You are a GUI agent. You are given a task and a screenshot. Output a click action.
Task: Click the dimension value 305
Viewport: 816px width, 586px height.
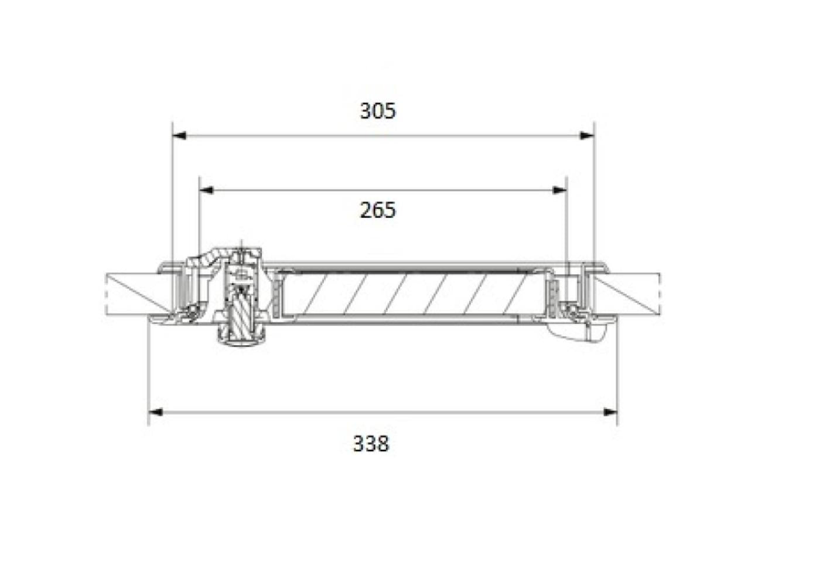(378, 111)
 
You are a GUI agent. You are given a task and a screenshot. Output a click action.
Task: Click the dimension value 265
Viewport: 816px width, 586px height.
(378, 210)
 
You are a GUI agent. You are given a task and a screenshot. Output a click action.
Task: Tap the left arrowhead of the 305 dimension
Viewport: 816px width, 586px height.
(180, 136)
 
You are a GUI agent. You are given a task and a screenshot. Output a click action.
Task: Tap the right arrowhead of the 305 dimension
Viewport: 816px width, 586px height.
(587, 136)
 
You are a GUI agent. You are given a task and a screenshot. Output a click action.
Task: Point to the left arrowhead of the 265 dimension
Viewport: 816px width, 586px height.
(207, 190)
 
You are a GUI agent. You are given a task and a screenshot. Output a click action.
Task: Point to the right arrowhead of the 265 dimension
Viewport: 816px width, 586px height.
(559, 190)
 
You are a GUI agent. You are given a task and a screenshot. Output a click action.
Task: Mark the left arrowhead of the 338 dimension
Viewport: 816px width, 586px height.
(156, 413)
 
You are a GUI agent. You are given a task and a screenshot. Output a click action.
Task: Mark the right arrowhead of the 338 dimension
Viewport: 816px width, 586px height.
(610, 413)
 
